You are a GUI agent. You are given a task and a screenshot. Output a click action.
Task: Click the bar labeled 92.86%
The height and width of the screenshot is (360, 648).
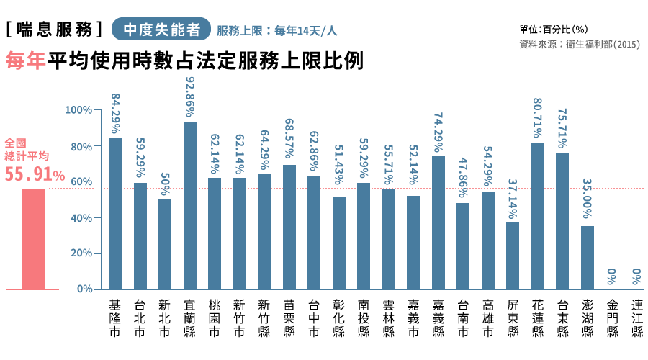[190, 205]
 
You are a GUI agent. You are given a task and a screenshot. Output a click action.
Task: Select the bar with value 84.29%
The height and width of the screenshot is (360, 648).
[115, 213]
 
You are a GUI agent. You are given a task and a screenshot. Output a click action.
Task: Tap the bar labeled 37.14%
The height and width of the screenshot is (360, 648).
[513, 256]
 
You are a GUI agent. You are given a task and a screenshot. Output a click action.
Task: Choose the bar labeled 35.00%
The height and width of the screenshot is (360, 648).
[588, 257]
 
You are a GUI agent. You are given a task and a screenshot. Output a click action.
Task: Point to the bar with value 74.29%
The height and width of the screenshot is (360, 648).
[438, 222]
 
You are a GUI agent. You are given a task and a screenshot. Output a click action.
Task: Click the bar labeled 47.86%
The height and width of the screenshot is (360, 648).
[463, 246]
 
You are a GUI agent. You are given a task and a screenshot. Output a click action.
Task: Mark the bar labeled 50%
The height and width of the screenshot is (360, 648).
[165, 244]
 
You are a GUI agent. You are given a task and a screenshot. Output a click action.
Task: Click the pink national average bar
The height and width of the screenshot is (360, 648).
[33, 238]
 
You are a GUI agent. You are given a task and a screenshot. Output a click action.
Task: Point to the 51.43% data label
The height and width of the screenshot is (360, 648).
[338, 165]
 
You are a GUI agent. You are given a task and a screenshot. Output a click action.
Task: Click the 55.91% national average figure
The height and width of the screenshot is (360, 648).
[35, 174]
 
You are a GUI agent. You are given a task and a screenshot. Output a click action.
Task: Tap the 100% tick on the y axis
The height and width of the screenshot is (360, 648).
[78, 110]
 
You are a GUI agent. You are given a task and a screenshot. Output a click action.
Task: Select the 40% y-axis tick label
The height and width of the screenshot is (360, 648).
[81, 217]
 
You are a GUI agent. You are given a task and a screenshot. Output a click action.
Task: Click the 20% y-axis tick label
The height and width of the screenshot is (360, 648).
[81, 253]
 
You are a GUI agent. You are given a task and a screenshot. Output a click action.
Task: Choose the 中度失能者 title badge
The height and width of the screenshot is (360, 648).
[161, 30]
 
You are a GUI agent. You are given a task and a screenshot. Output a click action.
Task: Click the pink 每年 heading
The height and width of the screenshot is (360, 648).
[26, 61]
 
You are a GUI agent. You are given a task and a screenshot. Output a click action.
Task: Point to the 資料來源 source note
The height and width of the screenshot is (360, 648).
[579, 45]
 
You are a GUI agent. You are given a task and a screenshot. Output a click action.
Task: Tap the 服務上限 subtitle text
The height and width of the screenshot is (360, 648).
[277, 31]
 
